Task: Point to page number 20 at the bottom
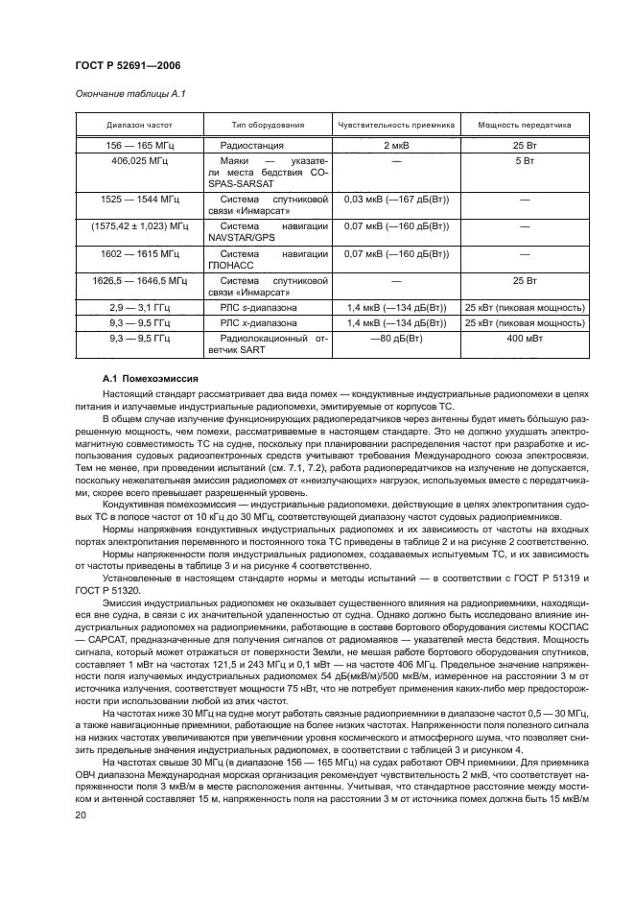point(81,814)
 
